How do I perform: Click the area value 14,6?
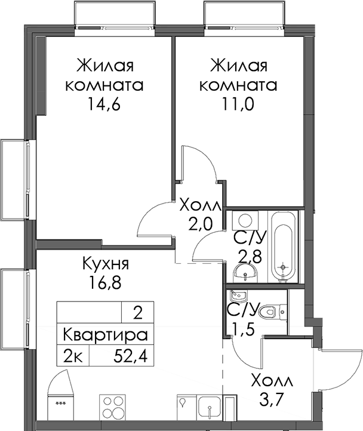tap(104, 104)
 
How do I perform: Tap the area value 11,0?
tap(238, 104)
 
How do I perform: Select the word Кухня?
tap(106, 264)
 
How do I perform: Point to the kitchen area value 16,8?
tap(105, 282)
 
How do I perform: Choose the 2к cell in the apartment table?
tap(73, 357)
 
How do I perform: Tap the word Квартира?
tap(105, 335)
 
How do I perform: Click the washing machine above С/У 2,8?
tap(245, 220)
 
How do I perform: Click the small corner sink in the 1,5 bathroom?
tap(238, 295)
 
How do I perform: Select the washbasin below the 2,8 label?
tap(245, 273)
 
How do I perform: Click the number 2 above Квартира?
tap(138, 313)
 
